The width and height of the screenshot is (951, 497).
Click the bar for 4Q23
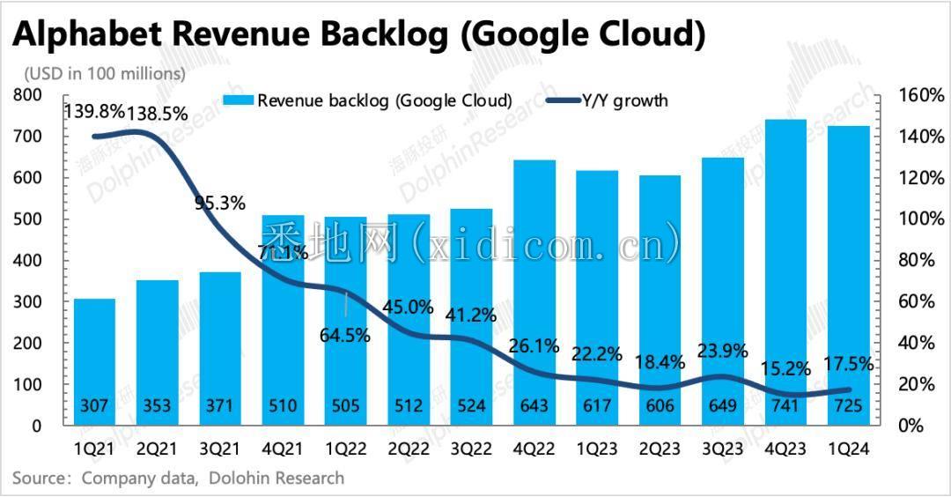[786, 264]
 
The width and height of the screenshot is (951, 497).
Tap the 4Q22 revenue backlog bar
[534, 282]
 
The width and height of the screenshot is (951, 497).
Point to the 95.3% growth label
[220, 203]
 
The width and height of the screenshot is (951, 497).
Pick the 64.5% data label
[345, 336]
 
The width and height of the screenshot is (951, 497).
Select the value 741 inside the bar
[786, 405]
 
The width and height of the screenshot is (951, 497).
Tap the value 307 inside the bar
[94, 405]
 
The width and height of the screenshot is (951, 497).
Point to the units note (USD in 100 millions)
[105, 73]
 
